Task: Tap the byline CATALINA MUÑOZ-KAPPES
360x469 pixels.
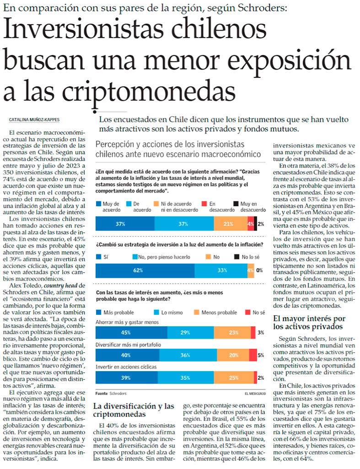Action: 33,120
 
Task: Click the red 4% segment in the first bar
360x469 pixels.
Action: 250,224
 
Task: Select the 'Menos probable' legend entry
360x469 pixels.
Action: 217,312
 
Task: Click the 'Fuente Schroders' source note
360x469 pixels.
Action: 111,393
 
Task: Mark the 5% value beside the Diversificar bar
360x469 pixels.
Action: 261,355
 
